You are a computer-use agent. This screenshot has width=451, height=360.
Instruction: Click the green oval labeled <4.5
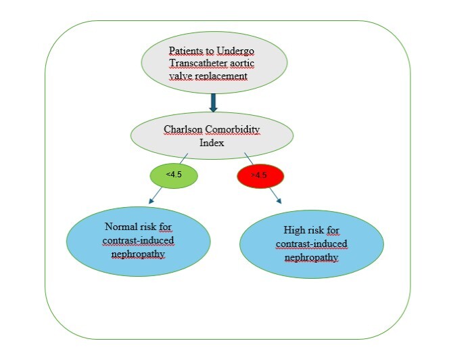pos(174,175)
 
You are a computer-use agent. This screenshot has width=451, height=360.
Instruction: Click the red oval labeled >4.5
pos(260,177)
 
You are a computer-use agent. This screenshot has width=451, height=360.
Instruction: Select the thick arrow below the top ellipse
pos(212,102)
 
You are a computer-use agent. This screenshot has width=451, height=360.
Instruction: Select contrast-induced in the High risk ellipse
pos(312,244)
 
